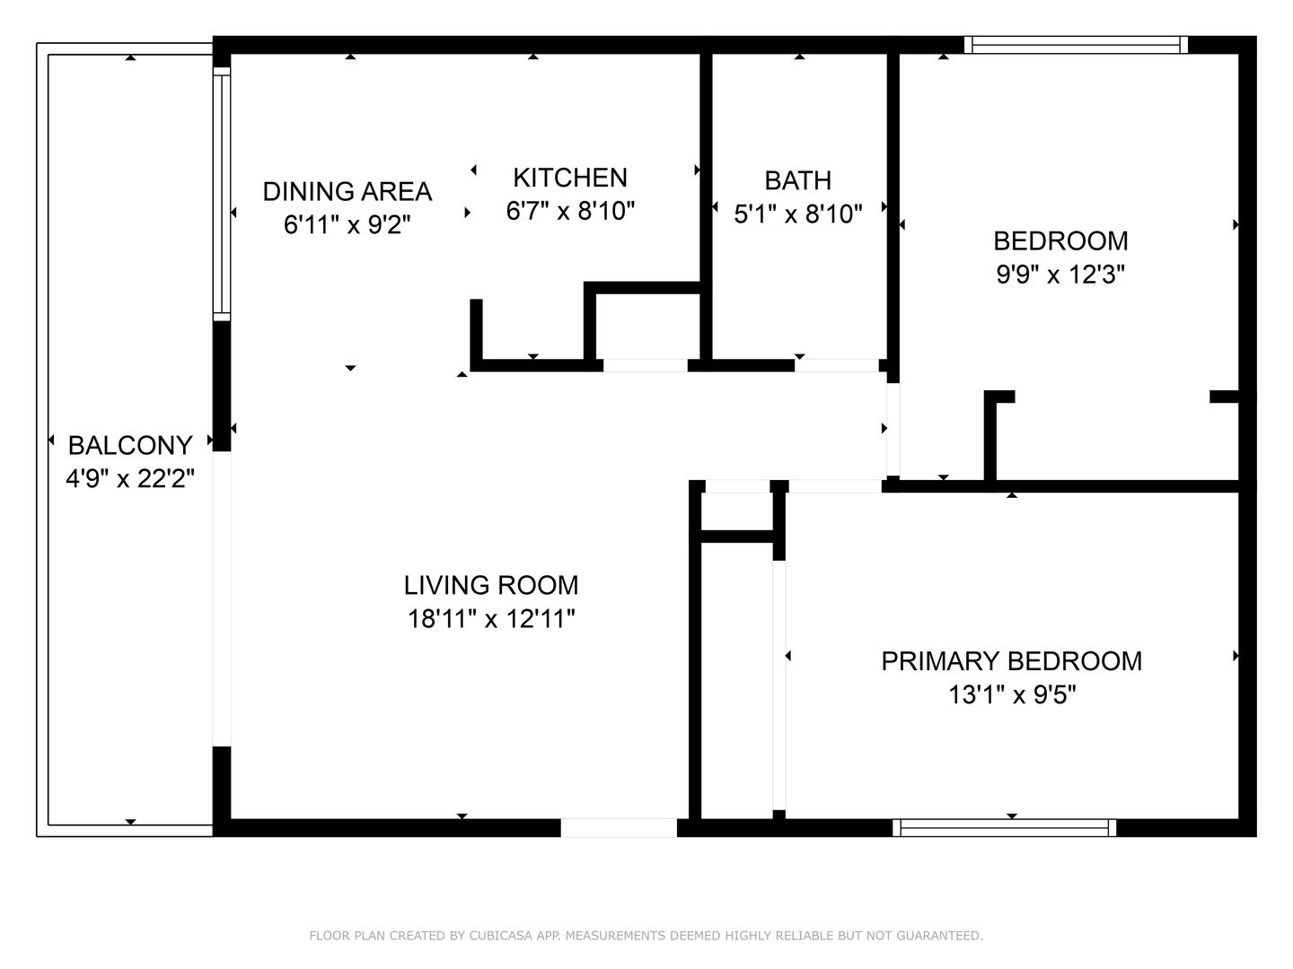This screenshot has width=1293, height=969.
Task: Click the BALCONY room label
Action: coord(130,445)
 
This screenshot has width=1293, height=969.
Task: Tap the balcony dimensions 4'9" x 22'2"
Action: coord(130,478)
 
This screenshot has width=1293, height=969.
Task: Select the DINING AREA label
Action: coord(347,191)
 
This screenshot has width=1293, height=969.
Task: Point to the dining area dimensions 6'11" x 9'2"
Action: coord(347,224)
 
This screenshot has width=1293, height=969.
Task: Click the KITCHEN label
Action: coord(569,177)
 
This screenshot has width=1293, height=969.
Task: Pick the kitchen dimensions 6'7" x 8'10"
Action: coord(570,211)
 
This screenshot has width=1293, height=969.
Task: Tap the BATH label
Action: coord(797,180)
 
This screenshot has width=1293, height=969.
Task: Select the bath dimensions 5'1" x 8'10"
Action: coord(797,214)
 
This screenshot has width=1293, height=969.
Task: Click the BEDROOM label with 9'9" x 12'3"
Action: coord(1060,240)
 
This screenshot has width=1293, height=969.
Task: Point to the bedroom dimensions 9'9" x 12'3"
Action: coord(1060,274)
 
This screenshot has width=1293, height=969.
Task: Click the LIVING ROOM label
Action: coord(490,585)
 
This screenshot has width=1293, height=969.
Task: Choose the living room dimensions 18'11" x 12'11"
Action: coord(490,619)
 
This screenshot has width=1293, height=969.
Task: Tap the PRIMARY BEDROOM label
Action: coord(1011,661)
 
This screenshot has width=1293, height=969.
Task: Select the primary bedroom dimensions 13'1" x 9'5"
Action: coord(1011,694)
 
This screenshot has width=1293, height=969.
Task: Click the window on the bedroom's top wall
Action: coord(1076,45)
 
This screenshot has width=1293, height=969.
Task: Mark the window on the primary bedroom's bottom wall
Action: coord(1004,827)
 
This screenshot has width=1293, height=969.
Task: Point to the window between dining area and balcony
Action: coord(221,193)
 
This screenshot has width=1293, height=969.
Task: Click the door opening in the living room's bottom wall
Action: coord(619,827)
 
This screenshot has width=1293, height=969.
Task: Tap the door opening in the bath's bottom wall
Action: coord(836,365)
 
